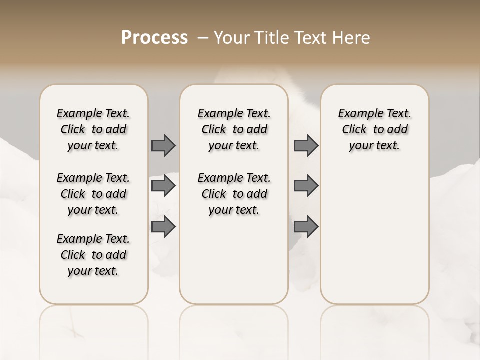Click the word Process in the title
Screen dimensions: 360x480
pos(154,38)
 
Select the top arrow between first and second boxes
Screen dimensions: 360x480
pos(163,145)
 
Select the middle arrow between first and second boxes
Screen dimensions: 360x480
pos(163,186)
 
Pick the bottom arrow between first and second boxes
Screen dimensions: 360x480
pos(163,226)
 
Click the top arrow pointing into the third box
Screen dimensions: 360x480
pos(306,145)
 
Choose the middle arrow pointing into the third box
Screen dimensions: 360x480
pos(306,186)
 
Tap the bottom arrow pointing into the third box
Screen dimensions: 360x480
pos(306,226)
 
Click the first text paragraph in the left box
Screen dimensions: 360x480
pos(93,129)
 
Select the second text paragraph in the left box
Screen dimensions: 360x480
pos(93,194)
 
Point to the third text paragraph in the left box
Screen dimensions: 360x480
pos(93,255)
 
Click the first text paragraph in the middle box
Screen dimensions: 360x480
pos(234,129)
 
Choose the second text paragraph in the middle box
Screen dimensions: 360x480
pos(234,194)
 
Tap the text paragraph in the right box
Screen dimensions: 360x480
pos(374,129)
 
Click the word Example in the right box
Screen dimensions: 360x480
pos(357,114)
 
